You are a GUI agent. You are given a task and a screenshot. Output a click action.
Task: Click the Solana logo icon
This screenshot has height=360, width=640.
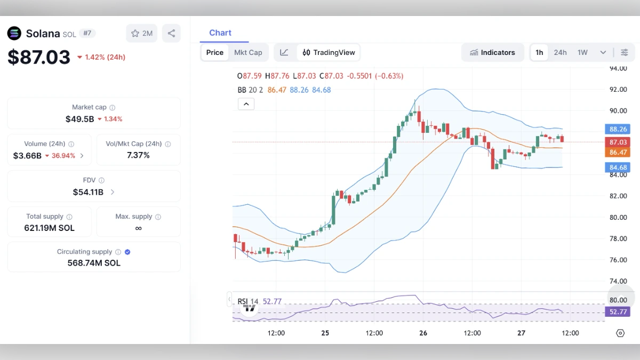14,33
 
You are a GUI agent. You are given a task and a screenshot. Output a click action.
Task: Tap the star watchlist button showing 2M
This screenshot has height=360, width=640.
141,33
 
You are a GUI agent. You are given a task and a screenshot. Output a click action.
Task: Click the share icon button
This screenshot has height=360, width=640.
171,33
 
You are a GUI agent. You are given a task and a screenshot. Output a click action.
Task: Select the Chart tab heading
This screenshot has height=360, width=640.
220,33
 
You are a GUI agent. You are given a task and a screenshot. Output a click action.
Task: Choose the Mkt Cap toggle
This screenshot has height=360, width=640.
248,52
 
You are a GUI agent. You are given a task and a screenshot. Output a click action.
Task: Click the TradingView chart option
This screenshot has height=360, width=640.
329,52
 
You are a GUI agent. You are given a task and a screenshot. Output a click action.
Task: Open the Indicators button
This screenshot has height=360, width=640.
492,52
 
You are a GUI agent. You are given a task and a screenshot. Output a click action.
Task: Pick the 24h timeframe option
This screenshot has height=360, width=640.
560,52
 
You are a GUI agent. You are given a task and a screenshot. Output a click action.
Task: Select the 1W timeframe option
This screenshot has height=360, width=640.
582,52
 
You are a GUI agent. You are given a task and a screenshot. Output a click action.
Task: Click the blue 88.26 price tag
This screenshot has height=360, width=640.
618,129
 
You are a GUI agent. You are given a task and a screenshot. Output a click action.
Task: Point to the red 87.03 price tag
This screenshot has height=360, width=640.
618,142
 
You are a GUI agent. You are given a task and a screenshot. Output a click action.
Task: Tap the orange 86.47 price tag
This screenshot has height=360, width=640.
618,153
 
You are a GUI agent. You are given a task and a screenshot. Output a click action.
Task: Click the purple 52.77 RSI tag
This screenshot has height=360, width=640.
618,312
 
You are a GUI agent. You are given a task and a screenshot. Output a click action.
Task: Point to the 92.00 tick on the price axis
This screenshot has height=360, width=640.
618,90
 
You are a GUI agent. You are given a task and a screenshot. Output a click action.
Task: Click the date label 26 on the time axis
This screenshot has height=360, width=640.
423,333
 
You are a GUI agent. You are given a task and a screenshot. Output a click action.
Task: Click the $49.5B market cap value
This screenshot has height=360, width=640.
79,119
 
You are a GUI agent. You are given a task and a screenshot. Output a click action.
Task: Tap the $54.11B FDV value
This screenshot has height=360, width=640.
88,192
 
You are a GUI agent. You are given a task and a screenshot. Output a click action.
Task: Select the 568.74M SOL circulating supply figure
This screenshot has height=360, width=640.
94,263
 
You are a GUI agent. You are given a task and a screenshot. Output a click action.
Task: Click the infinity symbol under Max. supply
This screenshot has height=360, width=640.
138,228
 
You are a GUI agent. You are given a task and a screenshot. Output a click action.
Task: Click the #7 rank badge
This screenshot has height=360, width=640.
87,33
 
